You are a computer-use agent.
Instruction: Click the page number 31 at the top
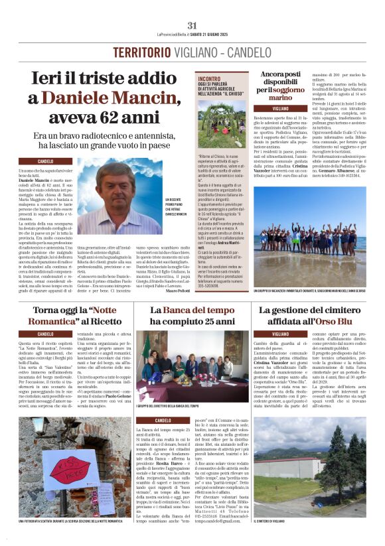click(x=193, y=25)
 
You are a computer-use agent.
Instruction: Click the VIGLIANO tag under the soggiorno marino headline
click(x=262, y=107)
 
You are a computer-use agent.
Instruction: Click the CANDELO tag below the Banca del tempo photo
click(x=163, y=421)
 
